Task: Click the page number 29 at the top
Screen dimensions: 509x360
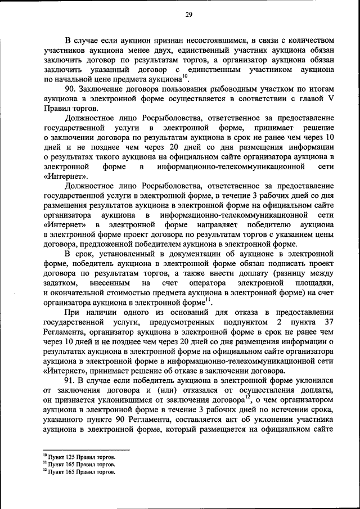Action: click(188, 15)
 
